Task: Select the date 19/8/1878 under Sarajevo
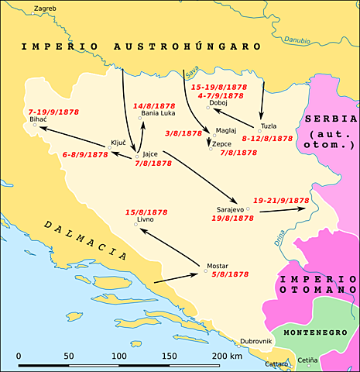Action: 232,219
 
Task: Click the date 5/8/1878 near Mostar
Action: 229,274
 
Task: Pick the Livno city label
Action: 146,221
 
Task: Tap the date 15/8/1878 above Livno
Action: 146,212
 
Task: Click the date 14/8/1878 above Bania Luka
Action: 154,105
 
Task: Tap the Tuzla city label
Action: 269,126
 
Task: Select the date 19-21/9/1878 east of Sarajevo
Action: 281,200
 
